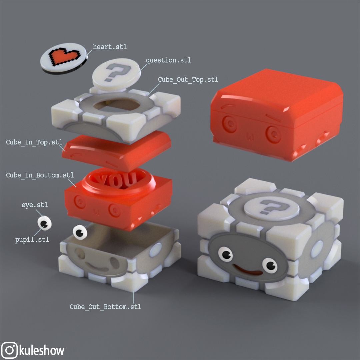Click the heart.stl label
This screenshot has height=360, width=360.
(x=110, y=47)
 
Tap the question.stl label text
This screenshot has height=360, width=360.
(x=169, y=60)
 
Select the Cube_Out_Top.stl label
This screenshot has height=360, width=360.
(x=188, y=79)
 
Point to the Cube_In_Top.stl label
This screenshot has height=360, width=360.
(x=34, y=142)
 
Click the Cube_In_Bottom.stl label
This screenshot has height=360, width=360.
(x=40, y=175)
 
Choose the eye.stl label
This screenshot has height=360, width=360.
(x=35, y=205)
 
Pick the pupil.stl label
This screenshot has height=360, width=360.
(x=32, y=240)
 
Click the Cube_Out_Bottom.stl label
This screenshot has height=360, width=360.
(x=105, y=307)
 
